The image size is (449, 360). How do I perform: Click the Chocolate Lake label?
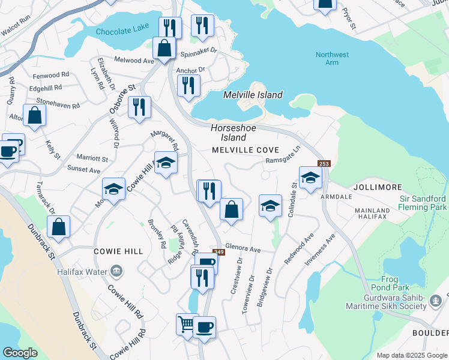[117, 31]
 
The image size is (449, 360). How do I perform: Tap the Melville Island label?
[253, 95]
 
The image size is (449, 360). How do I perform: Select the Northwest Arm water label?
[332, 59]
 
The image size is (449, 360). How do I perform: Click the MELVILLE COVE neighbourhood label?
[245, 149]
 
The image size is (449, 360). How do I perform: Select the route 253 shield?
[324, 164]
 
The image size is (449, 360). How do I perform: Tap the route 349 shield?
[218, 253]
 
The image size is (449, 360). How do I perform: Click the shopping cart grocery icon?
[187, 325]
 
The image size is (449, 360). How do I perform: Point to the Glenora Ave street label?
[243, 248]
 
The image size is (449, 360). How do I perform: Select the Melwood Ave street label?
[135, 61]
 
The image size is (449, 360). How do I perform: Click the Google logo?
[21, 353]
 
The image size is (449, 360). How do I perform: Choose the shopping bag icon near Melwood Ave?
[164, 48]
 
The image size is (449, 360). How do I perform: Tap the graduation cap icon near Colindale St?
[310, 178]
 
